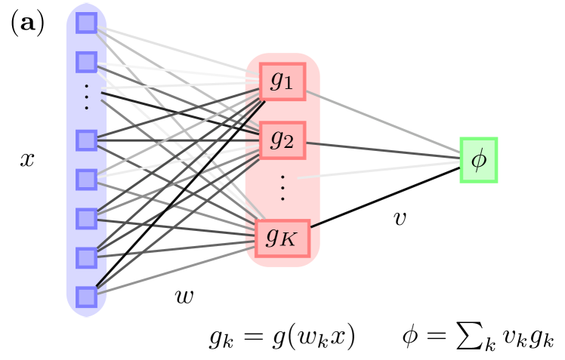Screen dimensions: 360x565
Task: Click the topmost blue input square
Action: (87, 23)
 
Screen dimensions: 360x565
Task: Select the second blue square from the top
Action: (87, 62)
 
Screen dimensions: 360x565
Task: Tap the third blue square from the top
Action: (87, 140)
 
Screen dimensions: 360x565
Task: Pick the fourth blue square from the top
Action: (87, 180)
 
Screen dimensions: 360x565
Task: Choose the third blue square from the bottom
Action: (87, 219)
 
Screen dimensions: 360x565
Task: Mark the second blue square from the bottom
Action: (87, 257)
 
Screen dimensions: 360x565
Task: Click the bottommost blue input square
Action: (87, 297)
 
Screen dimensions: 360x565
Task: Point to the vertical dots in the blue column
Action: (87, 98)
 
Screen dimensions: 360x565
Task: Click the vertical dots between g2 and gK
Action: (282, 188)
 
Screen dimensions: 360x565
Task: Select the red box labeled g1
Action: (282, 82)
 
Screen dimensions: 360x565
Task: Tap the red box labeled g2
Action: (282, 140)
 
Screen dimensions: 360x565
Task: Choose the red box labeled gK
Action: (282, 238)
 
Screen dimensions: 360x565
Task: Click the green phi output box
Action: (479, 160)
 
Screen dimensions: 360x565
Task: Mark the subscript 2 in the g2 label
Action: (289, 143)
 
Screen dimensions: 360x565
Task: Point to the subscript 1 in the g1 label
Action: (289, 85)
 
